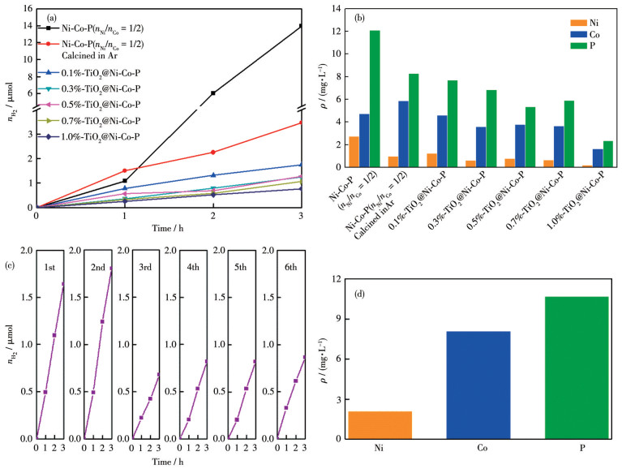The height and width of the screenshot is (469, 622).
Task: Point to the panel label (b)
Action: (x=354, y=17)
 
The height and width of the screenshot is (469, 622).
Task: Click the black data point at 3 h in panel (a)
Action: (x=302, y=26)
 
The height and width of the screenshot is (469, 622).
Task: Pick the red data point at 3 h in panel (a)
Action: (x=302, y=123)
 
